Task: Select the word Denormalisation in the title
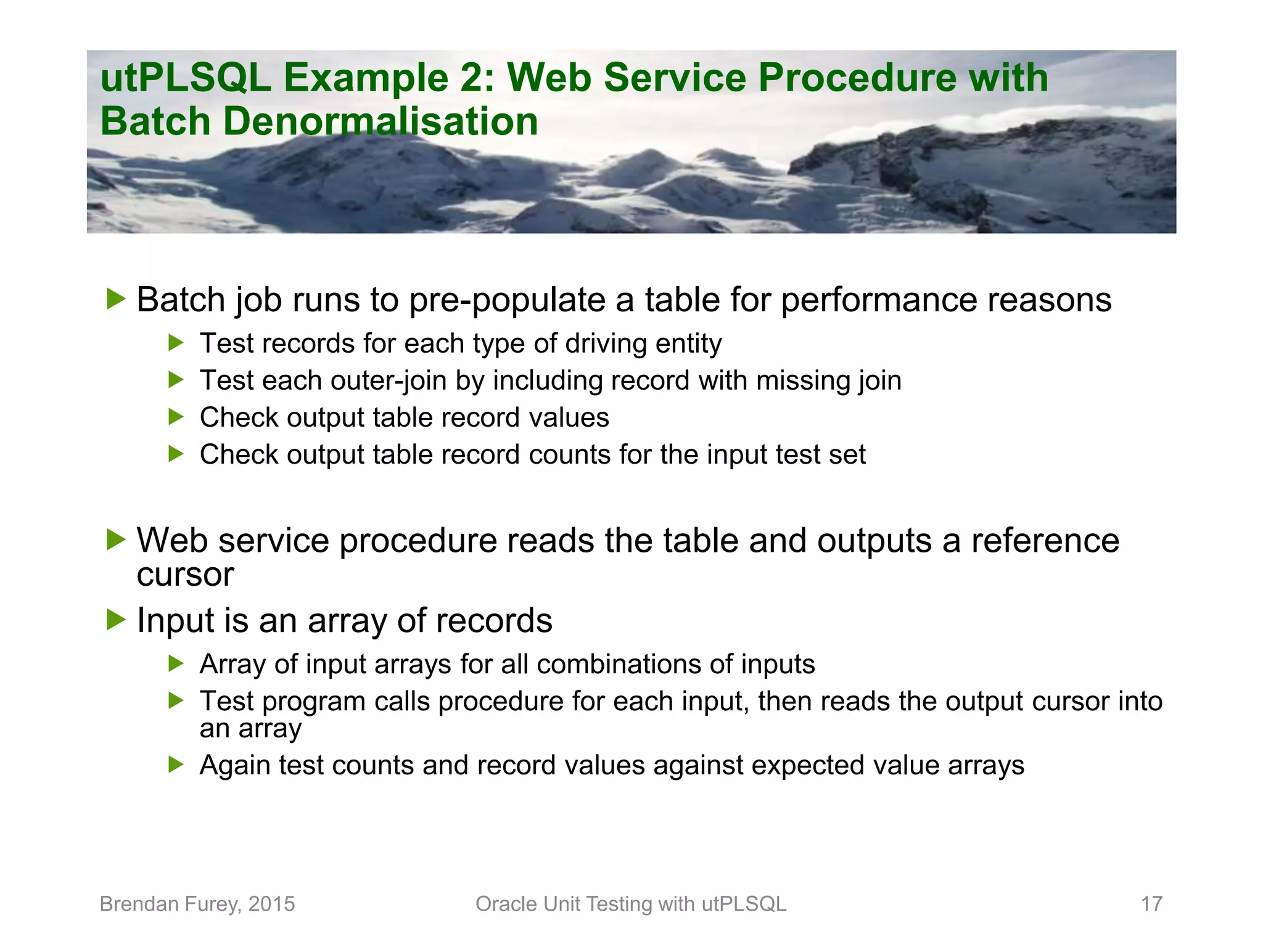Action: tap(380, 121)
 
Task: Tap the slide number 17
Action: tap(1151, 904)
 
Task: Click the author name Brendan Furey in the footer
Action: tap(170, 904)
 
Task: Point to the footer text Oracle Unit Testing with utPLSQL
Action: tap(631, 904)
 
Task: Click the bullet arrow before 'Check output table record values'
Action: tap(176, 417)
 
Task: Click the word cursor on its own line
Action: tap(185, 575)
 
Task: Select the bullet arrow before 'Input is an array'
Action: tap(115, 619)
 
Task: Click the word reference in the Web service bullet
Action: tap(1045, 540)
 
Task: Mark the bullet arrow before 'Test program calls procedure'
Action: tap(176, 700)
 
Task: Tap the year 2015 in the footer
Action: tap(271, 904)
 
